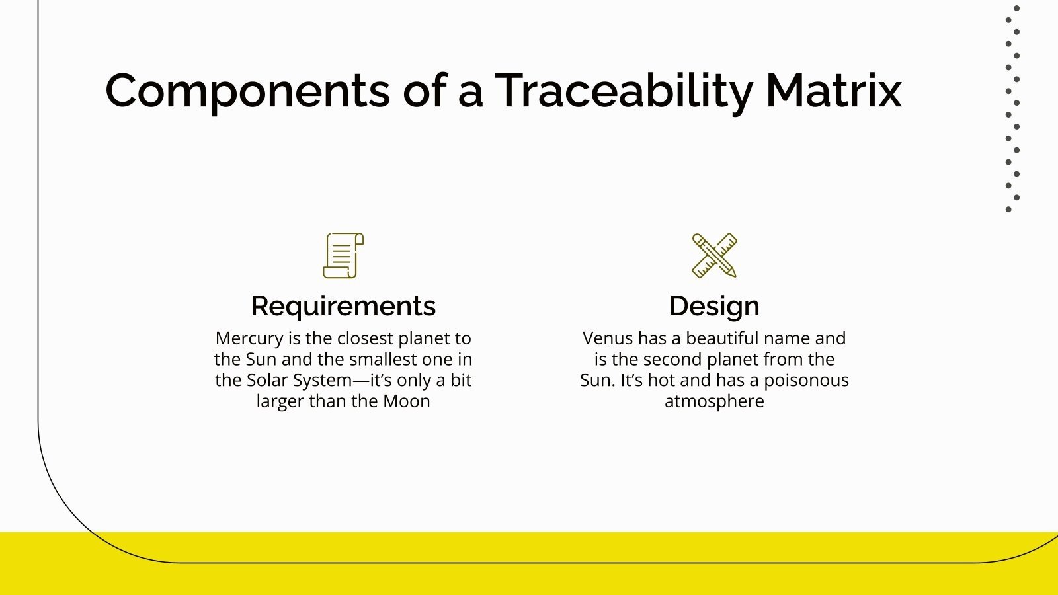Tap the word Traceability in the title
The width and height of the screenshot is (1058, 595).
[x=624, y=91]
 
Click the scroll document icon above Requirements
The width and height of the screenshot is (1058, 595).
[x=343, y=255]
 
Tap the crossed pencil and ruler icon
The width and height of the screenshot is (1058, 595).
[x=714, y=255]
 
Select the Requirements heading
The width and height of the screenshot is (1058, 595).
[x=343, y=306]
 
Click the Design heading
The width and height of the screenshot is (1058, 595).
[x=714, y=306]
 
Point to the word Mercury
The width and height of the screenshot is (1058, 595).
[x=249, y=338]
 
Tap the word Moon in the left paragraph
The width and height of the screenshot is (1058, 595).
[x=407, y=401]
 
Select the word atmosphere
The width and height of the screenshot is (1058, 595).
[x=714, y=401]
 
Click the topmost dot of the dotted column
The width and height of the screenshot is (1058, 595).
[x=1017, y=8]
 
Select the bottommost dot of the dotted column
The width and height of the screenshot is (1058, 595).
[x=1008, y=210]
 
